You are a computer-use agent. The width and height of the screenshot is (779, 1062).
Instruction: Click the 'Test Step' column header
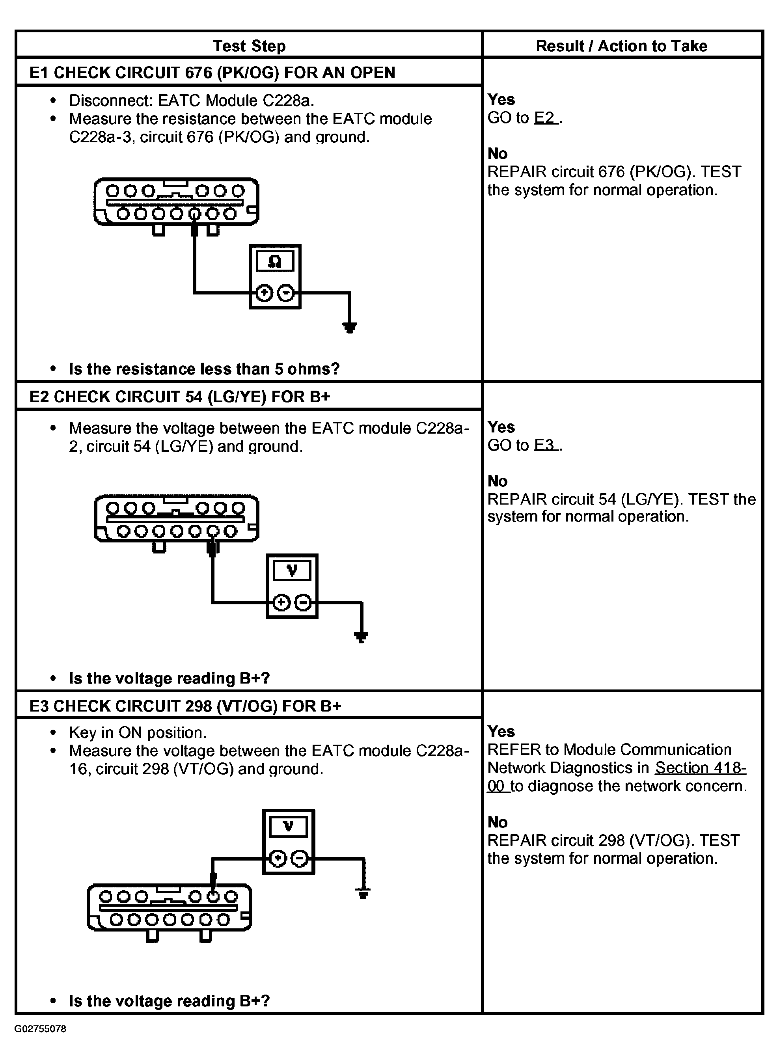[x=249, y=46]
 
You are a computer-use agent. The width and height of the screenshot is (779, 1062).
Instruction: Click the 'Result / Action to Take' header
[x=621, y=46]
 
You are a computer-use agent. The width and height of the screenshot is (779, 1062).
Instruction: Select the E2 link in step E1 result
[x=545, y=118]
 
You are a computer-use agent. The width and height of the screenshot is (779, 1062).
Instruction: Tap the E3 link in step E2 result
[x=545, y=445]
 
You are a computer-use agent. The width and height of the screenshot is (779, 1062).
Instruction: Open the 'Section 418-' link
[x=700, y=768]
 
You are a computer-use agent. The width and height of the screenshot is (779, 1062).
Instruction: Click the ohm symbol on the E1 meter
[x=275, y=261]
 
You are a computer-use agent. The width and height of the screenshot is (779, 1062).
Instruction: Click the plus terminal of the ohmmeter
[x=265, y=293]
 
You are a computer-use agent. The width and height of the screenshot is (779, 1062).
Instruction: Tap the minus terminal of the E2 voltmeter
[x=303, y=602]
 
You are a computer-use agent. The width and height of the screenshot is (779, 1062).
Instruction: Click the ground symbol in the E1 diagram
[x=349, y=327]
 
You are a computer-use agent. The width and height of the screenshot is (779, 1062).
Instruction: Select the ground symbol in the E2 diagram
[x=361, y=637]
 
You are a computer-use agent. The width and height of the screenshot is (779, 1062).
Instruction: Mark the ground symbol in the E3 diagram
[x=363, y=893]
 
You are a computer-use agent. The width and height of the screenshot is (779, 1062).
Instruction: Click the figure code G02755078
[x=40, y=1029]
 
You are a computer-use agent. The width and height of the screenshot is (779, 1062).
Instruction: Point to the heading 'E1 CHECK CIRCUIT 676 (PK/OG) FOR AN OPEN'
[x=212, y=73]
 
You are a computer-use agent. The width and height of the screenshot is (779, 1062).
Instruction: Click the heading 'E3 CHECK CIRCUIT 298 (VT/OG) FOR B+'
[x=185, y=706]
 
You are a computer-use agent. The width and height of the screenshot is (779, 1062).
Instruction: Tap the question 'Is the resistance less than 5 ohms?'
[x=204, y=369]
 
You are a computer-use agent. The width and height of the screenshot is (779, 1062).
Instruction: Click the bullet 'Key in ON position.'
[x=138, y=732]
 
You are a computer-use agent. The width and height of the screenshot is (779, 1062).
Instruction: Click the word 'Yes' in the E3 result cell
[x=501, y=731]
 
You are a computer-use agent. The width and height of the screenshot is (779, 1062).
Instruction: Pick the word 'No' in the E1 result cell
[x=498, y=153]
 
